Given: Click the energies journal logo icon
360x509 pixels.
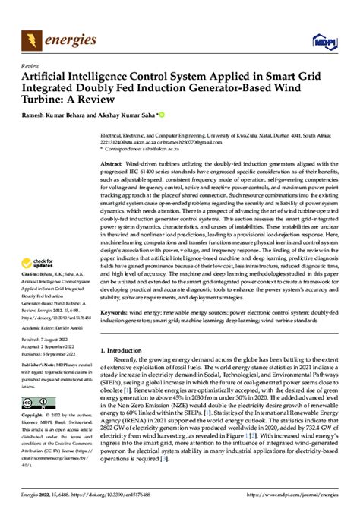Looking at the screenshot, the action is pos(32,37).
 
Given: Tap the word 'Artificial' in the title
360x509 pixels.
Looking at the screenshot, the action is pos(45,76).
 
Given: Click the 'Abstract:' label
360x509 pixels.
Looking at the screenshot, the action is pos(112,163).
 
